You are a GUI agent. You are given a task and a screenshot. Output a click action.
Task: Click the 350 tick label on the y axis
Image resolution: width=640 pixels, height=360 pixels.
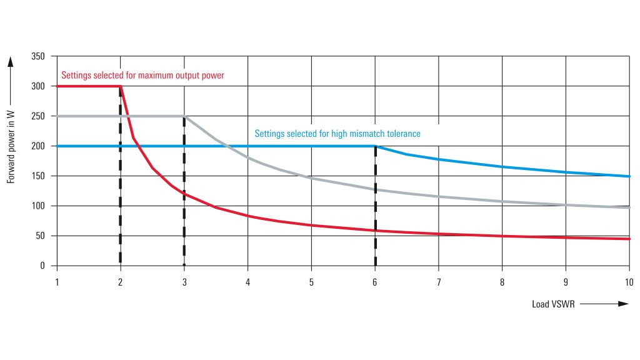coord(38,57)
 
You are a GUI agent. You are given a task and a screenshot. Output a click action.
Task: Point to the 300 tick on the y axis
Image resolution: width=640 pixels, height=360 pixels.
coord(38,86)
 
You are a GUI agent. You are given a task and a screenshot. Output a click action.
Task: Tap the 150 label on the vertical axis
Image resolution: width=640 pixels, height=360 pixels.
coord(38,176)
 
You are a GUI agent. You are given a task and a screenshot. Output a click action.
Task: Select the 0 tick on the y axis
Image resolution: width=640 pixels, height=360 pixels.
coord(42,266)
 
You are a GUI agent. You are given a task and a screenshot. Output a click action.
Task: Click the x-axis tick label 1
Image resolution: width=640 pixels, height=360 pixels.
coord(57,282)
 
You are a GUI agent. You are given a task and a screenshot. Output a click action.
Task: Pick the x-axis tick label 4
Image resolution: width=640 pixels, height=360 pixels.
coord(248,282)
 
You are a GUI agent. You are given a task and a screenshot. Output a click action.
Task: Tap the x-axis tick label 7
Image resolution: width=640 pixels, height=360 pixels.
coord(439,282)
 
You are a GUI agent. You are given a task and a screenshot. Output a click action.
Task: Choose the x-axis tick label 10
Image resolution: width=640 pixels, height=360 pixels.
coord(629,282)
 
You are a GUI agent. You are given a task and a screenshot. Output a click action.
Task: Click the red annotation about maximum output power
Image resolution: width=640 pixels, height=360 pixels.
coord(142,76)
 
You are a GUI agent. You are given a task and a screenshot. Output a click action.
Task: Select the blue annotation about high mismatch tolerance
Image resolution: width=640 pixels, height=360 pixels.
coord(337,134)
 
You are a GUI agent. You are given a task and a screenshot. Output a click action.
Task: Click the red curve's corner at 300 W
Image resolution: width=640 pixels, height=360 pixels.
coord(120,86)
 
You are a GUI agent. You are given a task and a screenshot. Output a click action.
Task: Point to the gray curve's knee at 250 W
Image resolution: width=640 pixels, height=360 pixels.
coord(184,116)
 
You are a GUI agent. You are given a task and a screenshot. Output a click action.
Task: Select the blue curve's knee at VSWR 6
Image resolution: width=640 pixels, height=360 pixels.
coord(375,146)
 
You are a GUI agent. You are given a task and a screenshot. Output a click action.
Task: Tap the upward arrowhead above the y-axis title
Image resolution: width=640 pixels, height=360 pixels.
coord(11,61)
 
